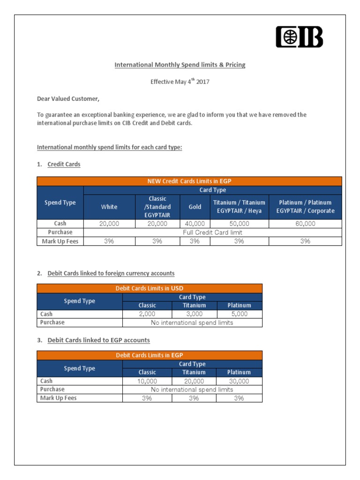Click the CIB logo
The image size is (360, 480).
point(299,37)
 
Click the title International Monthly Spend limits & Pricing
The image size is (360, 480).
point(180,65)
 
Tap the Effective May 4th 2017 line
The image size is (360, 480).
point(180,82)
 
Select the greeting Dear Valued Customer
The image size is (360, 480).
point(68,98)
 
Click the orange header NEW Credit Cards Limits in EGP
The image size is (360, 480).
point(189,181)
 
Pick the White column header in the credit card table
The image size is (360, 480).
point(109,207)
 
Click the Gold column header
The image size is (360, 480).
point(195,207)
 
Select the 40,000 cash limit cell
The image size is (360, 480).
point(195,224)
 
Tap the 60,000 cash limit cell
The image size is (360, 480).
point(305,224)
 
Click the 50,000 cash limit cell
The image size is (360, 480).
point(239,224)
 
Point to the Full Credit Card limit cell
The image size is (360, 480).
point(212,232)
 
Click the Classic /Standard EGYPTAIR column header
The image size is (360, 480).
point(157,207)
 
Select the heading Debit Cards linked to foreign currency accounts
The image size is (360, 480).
point(111,273)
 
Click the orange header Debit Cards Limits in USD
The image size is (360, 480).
point(150,288)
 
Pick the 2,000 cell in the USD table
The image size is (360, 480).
point(147,314)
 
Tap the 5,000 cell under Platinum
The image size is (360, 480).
point(239,314)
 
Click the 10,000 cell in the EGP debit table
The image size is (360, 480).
point(147,381)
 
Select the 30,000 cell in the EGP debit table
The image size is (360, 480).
point(239,381)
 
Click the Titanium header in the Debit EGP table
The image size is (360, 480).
point(194,372)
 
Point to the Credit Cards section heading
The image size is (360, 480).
point(64,164)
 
